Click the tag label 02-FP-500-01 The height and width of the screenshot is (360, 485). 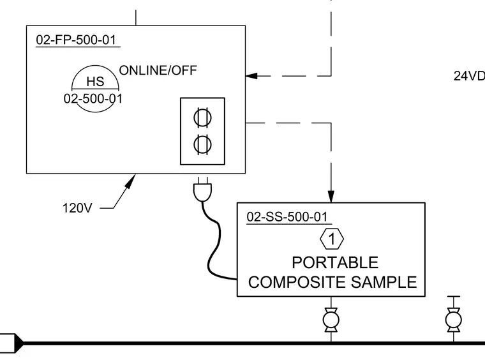coord(76,40)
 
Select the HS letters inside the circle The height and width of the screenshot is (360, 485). coord(95,82)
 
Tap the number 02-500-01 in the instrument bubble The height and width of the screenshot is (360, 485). coord(93,99)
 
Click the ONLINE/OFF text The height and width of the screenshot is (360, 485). coord(158,70)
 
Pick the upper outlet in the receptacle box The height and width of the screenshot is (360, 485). coord(202,118)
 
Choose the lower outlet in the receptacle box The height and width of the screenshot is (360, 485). coord(202,144)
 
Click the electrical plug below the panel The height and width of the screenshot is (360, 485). coord(202,190)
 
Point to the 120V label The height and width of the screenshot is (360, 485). coord(77,208)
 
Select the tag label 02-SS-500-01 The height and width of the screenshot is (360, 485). coord(287,217)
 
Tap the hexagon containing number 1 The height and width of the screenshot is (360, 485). coord(332,239)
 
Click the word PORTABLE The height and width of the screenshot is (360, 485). coord(335,262)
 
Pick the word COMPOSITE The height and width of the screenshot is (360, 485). coord(297,282)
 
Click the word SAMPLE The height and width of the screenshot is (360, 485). coord(384,282)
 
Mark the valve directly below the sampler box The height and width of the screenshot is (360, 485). coord(331,320)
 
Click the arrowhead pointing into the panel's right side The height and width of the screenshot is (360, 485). coord(251,76)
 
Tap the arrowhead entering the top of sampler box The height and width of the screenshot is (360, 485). coord(331,197)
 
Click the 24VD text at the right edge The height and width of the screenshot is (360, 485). coord(469,76)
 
